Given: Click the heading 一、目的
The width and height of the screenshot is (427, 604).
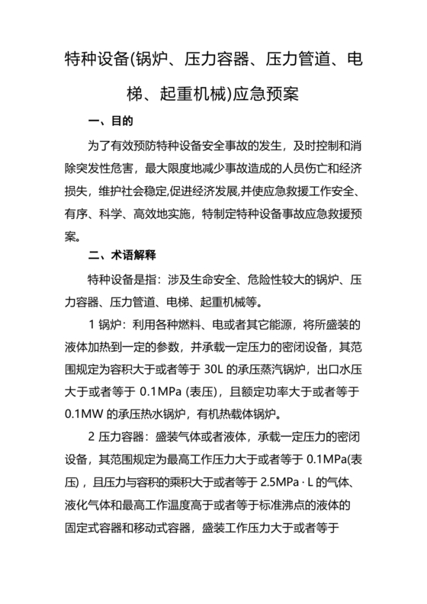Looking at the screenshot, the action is [x=111, y=121].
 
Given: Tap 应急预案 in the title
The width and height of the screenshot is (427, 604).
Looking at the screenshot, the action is [x=275, y=94].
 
